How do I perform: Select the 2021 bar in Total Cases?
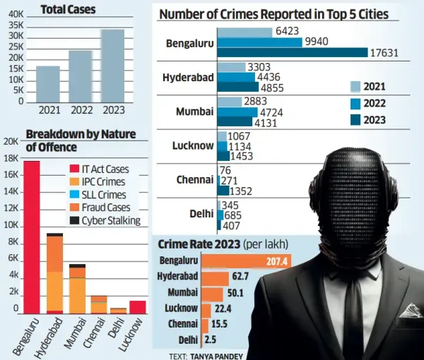pos(48,84)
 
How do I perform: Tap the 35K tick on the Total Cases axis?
pos(16,23)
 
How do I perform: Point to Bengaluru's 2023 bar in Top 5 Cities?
pos(293,52)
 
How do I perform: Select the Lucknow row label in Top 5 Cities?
pos(193,145)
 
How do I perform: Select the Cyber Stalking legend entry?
pos(105,220)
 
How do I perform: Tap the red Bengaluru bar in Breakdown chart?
pos(32,236)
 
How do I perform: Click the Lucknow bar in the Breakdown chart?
pos(138,307)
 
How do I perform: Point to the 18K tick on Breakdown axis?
pos(11,158)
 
